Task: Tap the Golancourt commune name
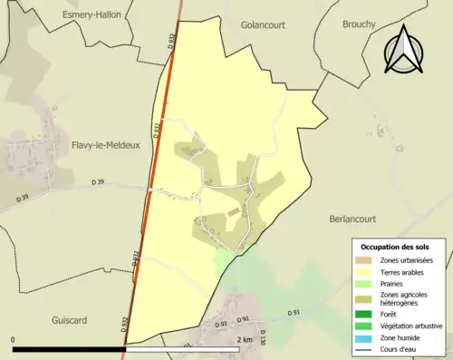click(x=266, y=25)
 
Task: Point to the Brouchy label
click(x=359, y=24)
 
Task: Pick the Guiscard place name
click(x=81, y=295)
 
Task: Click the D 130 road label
click(x=263, y=337)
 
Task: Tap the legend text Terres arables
click(x=405, y=271)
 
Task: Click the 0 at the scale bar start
click(x=14, y=339)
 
